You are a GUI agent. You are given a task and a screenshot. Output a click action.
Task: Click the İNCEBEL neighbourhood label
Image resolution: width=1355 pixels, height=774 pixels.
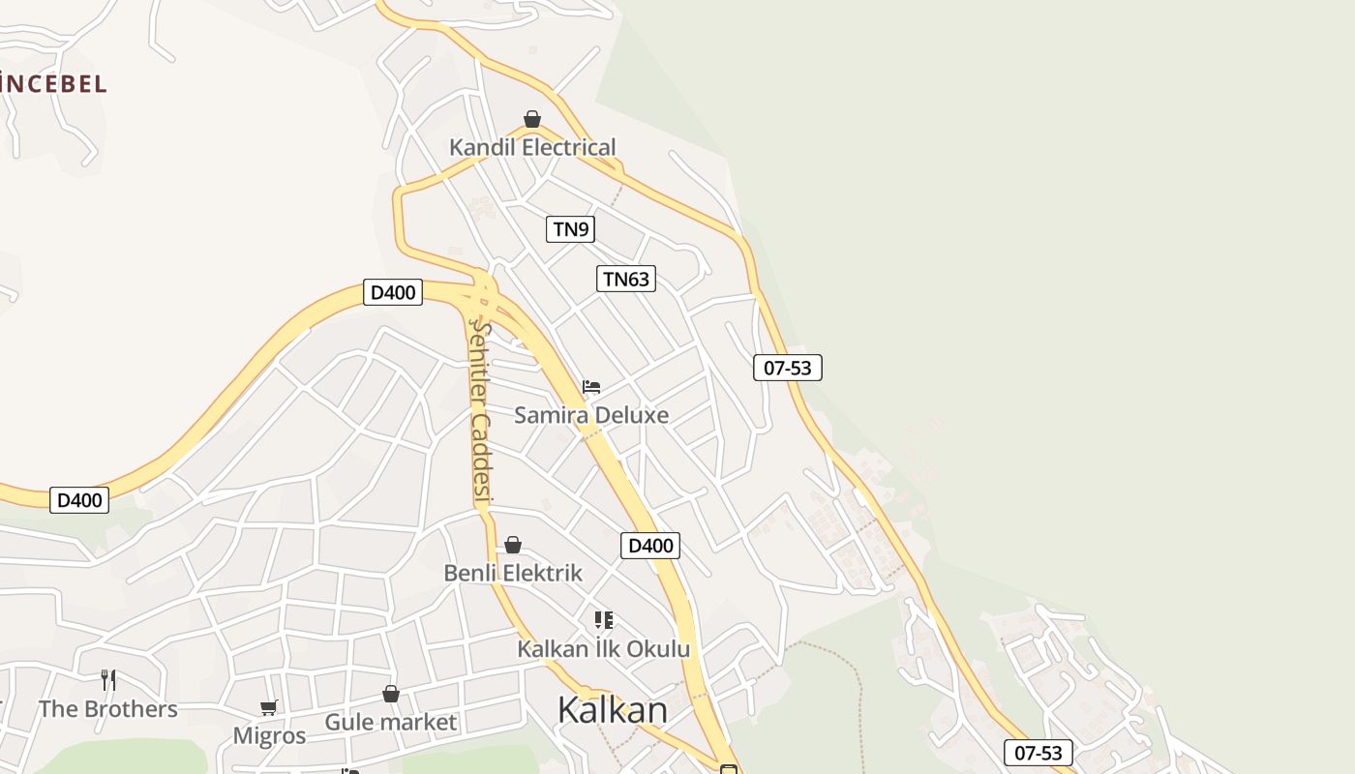click(x=53, y=84)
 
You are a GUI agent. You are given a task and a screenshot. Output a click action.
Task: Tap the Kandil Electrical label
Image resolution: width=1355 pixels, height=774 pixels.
click(x=532, y=148)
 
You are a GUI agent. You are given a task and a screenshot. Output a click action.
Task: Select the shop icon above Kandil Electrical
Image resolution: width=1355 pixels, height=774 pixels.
click(x=532, y=119)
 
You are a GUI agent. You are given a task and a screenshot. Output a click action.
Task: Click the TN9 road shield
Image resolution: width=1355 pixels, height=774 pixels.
click(x=570, y=229)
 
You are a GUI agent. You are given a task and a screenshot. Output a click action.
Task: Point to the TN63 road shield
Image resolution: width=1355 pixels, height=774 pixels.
click(x=626, y=280)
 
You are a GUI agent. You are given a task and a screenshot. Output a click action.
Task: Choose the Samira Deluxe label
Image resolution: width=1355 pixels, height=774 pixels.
click(x=591, y=415)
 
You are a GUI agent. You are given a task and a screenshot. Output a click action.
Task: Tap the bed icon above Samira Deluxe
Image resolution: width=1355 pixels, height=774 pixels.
click(x=591, y=387)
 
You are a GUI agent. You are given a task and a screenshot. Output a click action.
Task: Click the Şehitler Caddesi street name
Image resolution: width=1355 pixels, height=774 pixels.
click(x=481, y=411)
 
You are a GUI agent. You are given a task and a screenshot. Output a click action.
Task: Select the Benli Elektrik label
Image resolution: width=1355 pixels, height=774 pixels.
click(x=513, y=573)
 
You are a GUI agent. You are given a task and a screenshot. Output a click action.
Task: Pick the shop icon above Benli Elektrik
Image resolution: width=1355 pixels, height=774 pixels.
click(x=513, y=545)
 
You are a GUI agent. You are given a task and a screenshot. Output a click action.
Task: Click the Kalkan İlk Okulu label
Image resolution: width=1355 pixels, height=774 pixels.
click(x=604, y=648)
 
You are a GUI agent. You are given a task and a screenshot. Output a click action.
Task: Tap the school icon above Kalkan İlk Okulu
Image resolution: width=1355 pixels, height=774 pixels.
click(x=604, y=619)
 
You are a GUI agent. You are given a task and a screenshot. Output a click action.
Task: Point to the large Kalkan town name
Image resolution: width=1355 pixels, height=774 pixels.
click(x=613, y=710)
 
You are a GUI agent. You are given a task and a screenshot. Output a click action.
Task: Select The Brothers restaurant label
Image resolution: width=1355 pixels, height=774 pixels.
click(x=108, y=709)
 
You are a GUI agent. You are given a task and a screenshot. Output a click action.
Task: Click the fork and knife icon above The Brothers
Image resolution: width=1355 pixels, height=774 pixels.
click(x=108, y=680)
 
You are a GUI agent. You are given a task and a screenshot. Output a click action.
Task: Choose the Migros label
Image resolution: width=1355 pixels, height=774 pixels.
click(x=269, y=736)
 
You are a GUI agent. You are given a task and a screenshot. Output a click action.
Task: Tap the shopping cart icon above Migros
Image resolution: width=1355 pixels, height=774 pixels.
click(x=269, y=708)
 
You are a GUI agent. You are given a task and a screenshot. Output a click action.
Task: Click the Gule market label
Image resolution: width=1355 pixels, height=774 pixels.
click(x=390, y=722)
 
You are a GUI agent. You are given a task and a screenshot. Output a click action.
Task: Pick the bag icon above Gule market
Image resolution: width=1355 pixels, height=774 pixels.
click(x=390, y=694)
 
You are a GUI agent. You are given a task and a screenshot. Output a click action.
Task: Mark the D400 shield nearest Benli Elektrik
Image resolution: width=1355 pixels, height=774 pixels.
click(x=650, y=546)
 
